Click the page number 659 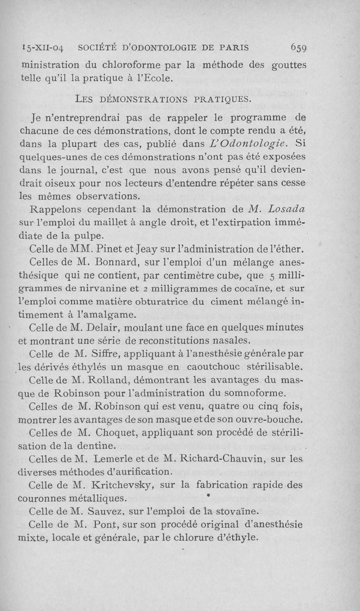point(305,47)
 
